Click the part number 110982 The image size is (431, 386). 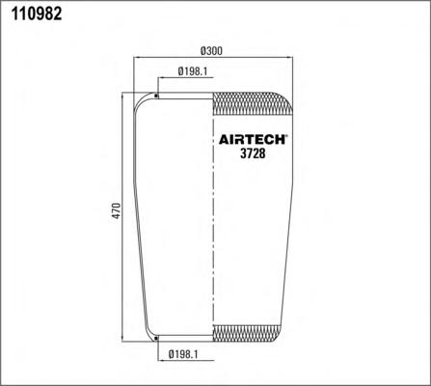37,14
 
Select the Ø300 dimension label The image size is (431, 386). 211,51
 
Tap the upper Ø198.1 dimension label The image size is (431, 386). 192,71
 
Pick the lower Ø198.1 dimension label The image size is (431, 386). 183,354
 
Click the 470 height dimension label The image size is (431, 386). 116,211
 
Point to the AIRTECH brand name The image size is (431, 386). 253,140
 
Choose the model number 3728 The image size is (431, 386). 253,153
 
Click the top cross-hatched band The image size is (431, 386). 253,104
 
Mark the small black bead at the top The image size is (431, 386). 156,96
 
